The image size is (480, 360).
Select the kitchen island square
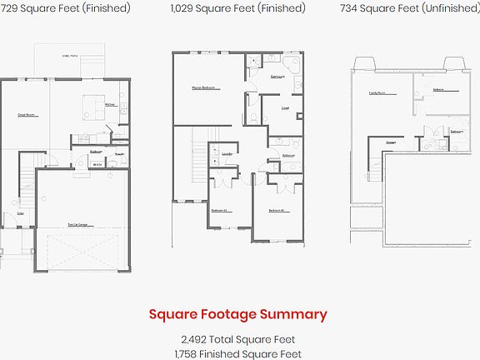[90, 106]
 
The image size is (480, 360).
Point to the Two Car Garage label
[78, 224]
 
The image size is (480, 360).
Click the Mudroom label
[96, 152]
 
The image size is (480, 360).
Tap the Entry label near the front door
[21, 213]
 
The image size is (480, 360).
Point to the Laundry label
[227, 154]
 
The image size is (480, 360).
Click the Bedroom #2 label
[220, 211]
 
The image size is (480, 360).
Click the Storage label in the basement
[390, 142]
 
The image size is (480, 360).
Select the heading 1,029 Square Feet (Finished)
[237, 8]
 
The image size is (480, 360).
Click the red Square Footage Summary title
[237, 314]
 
